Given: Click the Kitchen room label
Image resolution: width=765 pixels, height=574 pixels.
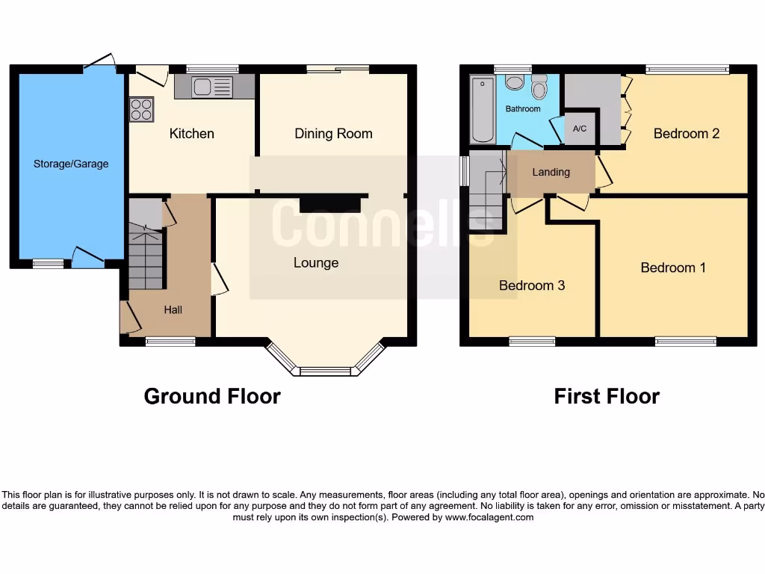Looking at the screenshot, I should click(x=191, y=134).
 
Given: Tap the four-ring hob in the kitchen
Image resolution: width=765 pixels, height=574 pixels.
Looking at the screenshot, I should click(x=141, y=110).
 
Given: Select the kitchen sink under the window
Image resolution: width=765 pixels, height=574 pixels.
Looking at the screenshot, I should click(x=202, y=87).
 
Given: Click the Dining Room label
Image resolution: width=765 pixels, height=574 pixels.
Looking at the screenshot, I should click(x=333, y=134).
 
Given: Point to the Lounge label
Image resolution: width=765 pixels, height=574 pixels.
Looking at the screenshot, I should click(x=315, y=263).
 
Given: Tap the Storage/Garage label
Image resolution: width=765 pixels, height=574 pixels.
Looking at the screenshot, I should click(x=71, y=164).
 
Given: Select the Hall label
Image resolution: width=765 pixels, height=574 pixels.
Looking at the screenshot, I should click(x=173, y=309).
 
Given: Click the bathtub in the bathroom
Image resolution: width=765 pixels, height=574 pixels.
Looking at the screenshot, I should click(x=483, y=110).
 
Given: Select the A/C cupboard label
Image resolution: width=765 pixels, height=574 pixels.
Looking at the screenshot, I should click(x=580, y=129).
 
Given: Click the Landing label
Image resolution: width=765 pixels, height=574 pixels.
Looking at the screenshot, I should click(x=551, y=172).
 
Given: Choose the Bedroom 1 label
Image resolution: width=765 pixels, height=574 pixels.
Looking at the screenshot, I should click(x=673, y=268).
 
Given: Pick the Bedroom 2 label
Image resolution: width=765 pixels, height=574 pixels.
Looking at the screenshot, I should click(x=686, y=134).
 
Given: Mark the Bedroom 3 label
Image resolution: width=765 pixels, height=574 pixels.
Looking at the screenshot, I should click(x=532, y=286).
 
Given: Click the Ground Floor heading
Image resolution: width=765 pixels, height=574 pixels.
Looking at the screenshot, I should click(x=212, y=396).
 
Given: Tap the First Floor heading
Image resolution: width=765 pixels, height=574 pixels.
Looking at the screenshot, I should click(x=607, y=396).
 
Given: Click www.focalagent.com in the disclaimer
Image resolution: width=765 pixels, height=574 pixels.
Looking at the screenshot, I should click(x=489, y=517).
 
